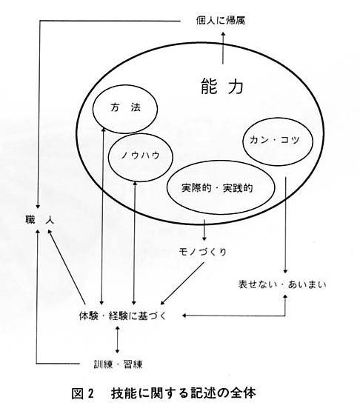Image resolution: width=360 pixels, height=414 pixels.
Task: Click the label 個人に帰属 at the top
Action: click(x=221, y=20)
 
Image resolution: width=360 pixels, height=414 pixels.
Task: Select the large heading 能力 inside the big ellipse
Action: click(x=222, y=86)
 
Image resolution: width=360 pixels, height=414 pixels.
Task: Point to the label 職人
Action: click(x=40, y=220)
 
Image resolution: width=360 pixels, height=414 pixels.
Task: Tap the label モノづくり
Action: click(x=202, y=252)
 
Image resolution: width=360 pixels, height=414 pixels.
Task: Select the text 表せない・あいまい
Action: click(x=282, y=284)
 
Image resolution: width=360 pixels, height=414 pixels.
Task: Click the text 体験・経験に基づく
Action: click(x=122, y=315)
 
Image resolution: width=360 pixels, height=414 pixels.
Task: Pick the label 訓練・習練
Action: click(x=118, y=364)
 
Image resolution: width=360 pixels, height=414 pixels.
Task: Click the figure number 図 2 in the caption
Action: click(x=83, y=393)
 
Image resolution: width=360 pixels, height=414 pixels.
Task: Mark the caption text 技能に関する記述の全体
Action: click(x=183, y=393)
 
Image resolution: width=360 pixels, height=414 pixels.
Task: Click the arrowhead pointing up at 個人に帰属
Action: click(x=223, y=34)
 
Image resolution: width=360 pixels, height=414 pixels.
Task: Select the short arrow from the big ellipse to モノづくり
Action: click(x=204, y=230)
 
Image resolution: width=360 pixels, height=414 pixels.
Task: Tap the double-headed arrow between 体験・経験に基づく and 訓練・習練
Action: click(x=118, y=340)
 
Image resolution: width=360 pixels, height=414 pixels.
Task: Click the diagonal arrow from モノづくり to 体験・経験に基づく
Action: click(x=182, y=284)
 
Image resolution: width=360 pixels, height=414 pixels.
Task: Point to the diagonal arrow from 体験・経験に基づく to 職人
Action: click(x=66, y=267)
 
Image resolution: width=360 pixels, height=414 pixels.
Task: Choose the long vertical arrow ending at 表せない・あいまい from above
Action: click(x=285, y=225)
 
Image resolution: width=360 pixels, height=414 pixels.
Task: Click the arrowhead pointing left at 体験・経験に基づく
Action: click(x=184, y=315)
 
